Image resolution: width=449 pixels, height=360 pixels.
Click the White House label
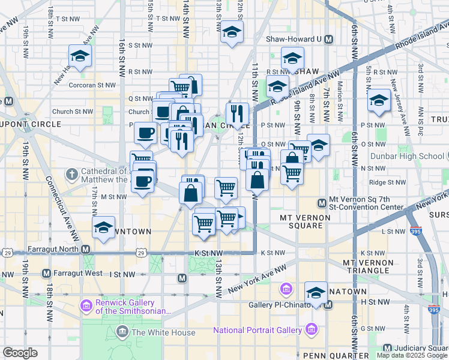pos(163,332)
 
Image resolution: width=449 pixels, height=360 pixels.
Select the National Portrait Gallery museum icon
pos(311,330)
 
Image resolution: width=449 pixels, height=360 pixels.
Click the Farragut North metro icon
pos(86,249)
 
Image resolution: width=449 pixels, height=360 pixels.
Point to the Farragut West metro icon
pos(46,274)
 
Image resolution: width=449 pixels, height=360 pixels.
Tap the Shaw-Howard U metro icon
pos(328,40)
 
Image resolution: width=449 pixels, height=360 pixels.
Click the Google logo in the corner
pos(20,353)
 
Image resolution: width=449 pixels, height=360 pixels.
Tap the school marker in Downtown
pos(104,227)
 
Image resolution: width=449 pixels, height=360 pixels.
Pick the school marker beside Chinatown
pos(315,293)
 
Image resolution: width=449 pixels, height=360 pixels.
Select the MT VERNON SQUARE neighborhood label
pos(301,221)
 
